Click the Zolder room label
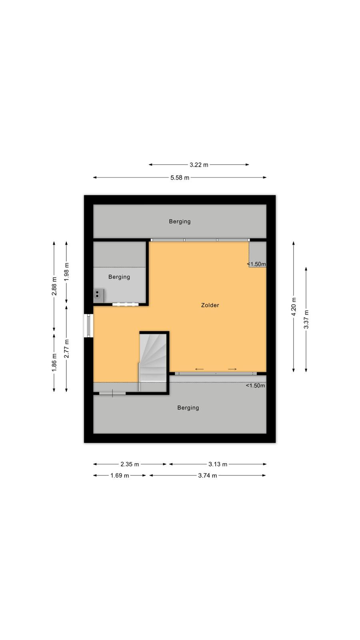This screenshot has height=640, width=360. [210, 305]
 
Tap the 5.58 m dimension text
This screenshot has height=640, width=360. [180, 178]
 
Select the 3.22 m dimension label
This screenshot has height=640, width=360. [199, 165]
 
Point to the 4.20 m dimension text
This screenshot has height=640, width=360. [294, 306]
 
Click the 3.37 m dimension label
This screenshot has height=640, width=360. [306, 319]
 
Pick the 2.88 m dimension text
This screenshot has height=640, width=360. [54, 286]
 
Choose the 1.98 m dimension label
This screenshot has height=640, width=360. [66, 272]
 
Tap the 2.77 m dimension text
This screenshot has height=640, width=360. [66, 348]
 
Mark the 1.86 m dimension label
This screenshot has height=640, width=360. [54, 362]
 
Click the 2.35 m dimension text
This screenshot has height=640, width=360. [130, 464]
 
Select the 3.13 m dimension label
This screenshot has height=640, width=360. [218, 464]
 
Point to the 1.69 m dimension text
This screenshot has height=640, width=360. [120, 476]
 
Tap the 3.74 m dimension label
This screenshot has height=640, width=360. [208, 476]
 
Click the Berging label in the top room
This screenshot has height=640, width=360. [180, 222]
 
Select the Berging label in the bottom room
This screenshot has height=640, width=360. [188, 408]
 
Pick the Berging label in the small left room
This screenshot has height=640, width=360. [119, 277]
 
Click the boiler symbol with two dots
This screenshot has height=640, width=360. [98, 296]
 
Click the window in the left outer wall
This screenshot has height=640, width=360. [88, 326]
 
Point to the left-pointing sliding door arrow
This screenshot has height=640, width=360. [200, 369]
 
